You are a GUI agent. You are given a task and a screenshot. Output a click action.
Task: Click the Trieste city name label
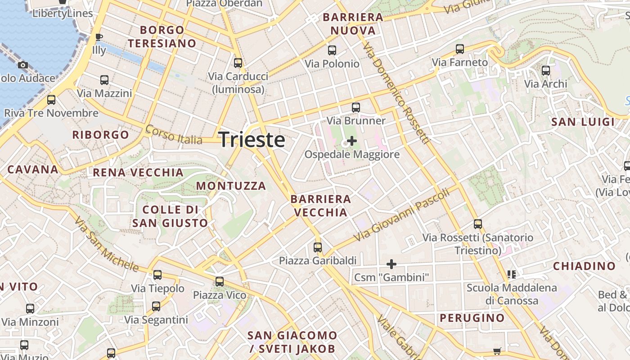click(x=252, y=139)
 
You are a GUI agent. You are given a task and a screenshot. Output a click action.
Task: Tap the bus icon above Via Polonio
click(x=332, y=50)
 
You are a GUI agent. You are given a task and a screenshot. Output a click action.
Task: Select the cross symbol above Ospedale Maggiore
click(x=352, y=141)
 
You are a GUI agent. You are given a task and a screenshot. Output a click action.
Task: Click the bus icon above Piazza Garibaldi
click(x=318, y=247)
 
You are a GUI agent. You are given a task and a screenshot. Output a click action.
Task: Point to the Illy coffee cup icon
click(x=99, y=37)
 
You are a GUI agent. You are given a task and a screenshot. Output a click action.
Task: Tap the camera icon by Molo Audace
click(x=23, y=65)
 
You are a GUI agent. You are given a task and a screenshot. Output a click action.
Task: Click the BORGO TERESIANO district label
click(x=162, y=37)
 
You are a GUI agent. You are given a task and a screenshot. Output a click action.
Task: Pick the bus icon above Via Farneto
click(x=459, y=49)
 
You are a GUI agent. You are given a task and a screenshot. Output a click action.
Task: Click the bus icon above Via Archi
click(x=546, y=70)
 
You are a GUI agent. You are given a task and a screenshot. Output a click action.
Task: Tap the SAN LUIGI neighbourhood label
click(x=583, y=122)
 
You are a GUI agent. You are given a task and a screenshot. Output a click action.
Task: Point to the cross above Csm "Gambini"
click(x=391, y=264)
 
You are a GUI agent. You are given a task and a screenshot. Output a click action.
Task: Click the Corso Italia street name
click(x=174, y=135)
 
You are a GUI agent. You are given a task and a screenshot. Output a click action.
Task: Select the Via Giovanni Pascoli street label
click(x=401, y=215)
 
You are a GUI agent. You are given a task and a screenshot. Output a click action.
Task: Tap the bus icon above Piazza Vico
click(x=220, y=282)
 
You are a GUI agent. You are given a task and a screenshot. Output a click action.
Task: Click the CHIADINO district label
click(x=584, y=266)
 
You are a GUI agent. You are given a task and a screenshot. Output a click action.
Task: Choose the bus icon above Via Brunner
click(x=356, y=108)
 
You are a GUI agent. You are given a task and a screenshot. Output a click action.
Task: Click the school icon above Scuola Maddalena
click(x=511, y=274)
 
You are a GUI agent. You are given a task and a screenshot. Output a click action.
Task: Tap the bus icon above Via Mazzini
click(x=104, y=80)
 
